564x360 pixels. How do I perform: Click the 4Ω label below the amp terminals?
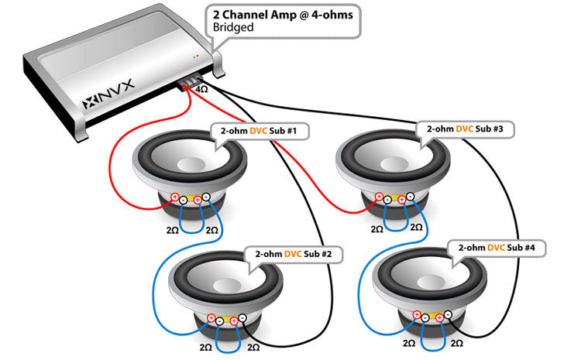click(x=201, y=90)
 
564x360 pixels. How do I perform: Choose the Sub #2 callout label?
click(x=293, y=253)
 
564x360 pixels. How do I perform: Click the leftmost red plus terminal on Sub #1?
click(x=175, y=197)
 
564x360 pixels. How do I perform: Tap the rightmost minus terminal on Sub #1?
click(x=207, y=197)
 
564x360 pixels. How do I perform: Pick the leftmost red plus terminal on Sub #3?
click(x=380, y=197)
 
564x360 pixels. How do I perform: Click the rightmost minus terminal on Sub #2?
click(x=242, y=318)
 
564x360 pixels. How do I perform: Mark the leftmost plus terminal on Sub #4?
click(x=417, y=315)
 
